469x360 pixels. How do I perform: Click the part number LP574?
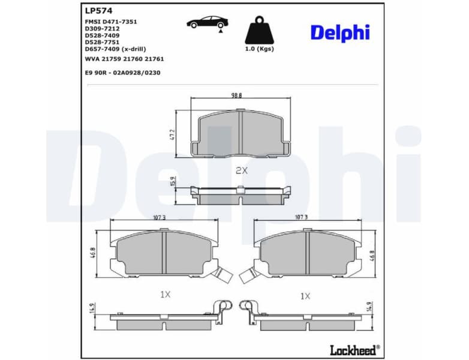point(99,10)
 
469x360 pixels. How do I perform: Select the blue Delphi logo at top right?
point(339,33)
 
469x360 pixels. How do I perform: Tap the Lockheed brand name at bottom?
point(354,349)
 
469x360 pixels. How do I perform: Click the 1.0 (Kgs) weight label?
point(259,49)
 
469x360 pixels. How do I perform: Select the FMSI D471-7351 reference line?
point(111,21)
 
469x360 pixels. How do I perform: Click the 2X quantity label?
point(241,170)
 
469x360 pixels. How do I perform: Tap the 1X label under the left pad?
point(166,294)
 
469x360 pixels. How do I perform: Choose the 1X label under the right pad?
point(305,296)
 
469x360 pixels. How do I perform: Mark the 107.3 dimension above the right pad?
point(301,217)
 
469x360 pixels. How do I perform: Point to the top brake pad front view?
point(240,135)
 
